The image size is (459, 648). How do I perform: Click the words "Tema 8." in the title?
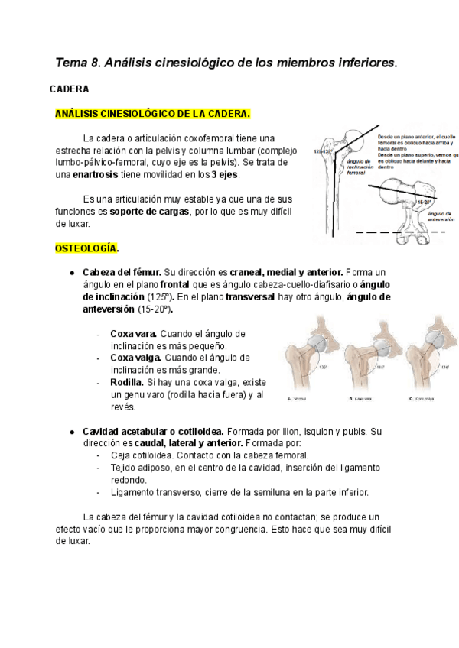78,62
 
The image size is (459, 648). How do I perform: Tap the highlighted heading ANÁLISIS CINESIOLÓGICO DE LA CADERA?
152,114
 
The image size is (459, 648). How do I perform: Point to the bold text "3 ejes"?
223,174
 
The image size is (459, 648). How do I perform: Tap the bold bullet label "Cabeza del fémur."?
122,272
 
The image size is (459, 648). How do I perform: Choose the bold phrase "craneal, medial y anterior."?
288,272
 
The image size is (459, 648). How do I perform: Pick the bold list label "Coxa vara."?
134,334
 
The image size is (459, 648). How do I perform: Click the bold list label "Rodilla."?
127,382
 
